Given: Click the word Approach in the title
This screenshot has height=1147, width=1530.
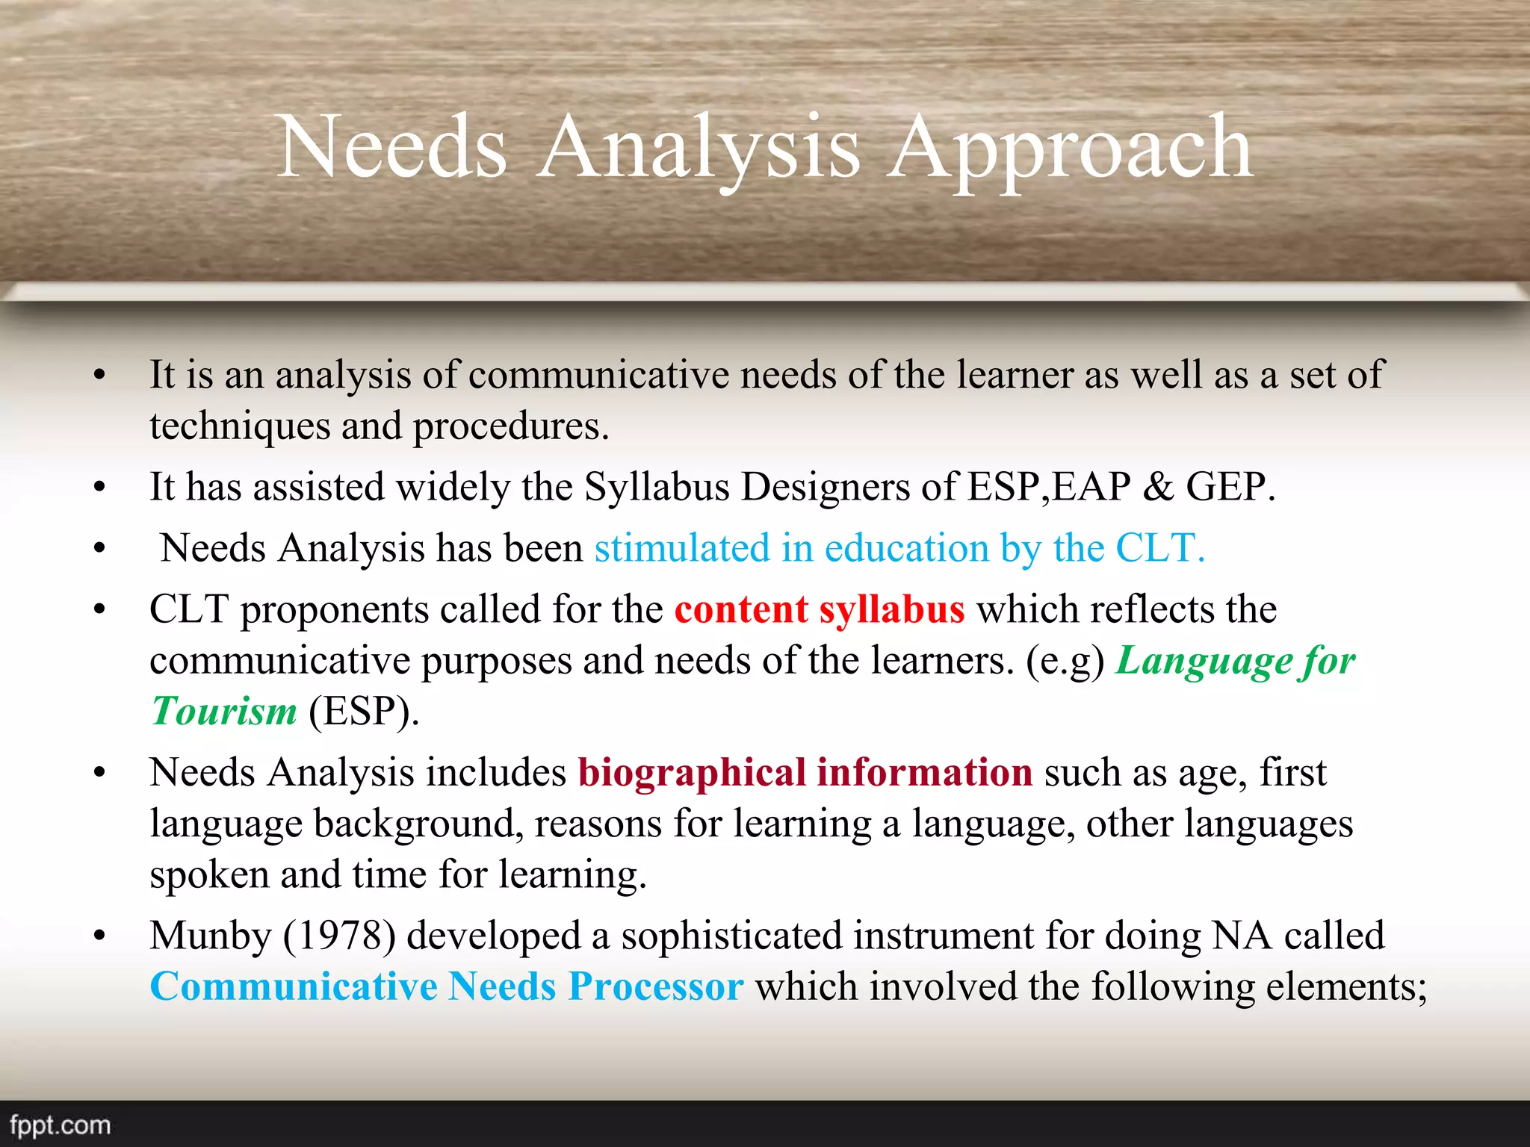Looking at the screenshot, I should click(1070, 149).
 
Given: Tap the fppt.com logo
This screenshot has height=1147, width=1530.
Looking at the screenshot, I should click(60, 1125).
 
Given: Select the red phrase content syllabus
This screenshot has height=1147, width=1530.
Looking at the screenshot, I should click(819, 609).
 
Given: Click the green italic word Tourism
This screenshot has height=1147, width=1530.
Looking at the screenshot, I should click(224, 711).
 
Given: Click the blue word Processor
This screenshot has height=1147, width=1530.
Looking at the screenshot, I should click(655, 986).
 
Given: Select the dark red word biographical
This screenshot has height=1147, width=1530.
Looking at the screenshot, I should click(692, 773).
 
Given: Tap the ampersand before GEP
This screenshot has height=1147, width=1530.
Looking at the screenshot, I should click(1158, 488).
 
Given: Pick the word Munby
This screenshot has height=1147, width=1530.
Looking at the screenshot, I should click(210, 936).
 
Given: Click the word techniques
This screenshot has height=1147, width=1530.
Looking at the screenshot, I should click(239, 427).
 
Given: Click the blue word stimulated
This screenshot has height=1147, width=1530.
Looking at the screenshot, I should click(681, 548).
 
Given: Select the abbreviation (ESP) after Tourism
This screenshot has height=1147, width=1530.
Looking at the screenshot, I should click(363, 711).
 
